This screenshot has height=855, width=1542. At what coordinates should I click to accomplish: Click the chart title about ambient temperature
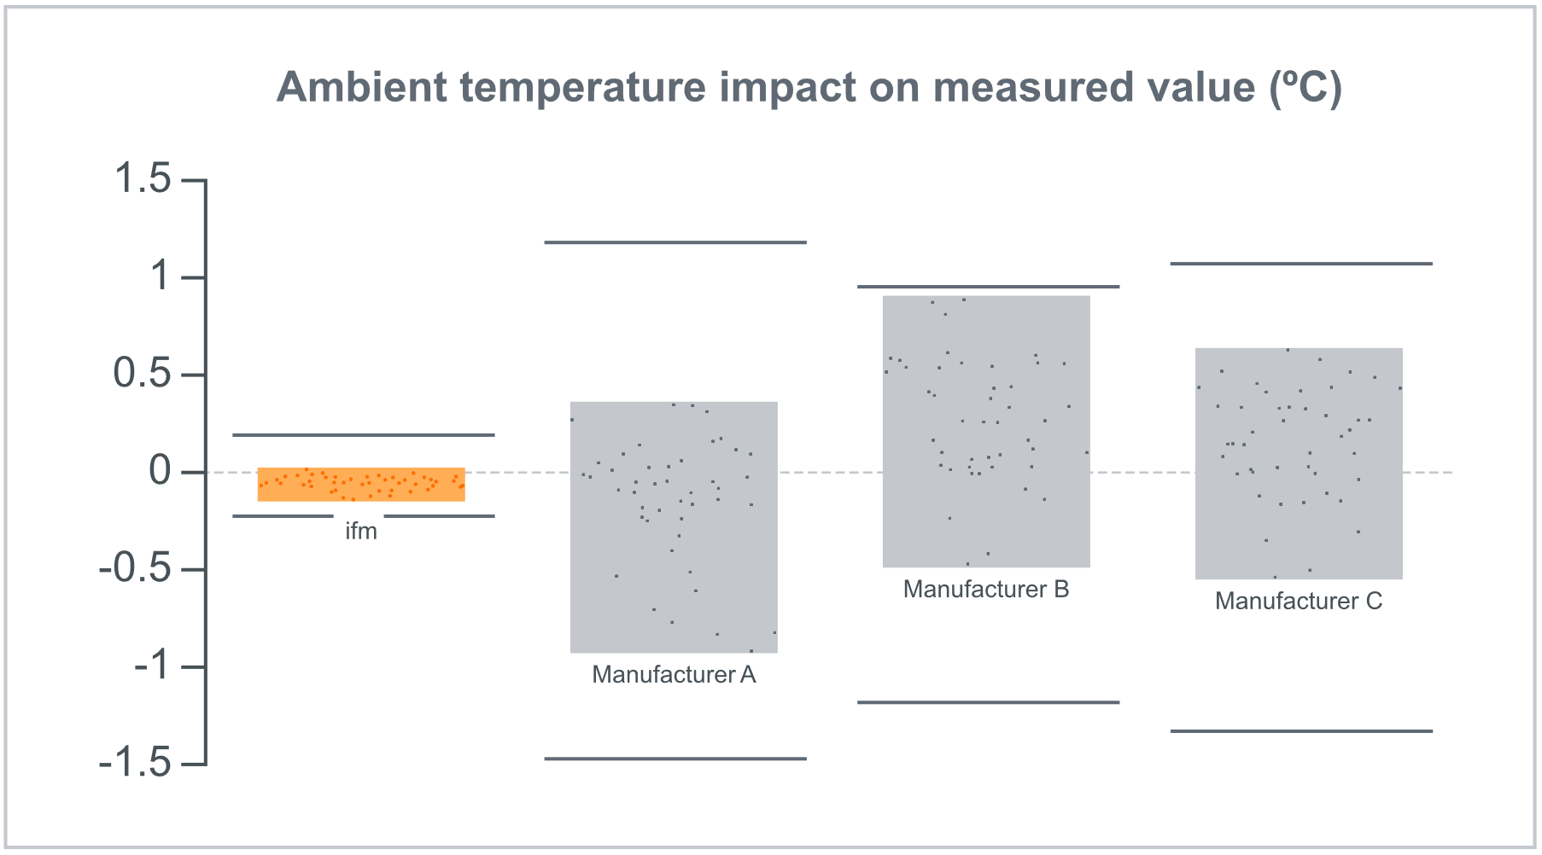pos(809,88)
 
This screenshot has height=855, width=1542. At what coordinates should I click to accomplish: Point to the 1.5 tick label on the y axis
pos(143,179)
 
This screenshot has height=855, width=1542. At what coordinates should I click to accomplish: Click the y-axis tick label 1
pos(161,276)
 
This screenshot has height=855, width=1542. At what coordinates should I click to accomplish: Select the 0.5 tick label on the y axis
pos(143,374)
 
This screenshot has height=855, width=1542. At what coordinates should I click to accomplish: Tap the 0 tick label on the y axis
pos(161,471)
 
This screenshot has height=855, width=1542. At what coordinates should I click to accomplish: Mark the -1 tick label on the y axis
pos(153,666)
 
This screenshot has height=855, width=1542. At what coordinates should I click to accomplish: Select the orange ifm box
pos(361,484)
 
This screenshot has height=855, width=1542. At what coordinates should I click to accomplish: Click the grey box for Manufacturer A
pos(674,526)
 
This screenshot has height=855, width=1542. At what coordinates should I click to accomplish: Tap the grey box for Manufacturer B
pos(986,431)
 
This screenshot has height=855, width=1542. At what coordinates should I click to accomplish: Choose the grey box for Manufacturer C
pos(1299,463)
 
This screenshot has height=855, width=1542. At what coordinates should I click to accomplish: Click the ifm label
pos(361,532)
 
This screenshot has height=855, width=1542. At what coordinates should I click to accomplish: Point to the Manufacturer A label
pos(674,675)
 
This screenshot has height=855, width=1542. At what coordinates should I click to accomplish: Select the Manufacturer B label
pos(986,590)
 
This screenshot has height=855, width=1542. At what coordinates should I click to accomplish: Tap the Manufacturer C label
pos(1299,602)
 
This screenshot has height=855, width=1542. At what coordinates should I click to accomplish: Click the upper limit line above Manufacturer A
pos(675,242)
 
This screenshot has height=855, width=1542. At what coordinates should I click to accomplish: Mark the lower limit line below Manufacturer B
pos(988,702)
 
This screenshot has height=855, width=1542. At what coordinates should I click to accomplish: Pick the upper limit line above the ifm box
pos(364,435)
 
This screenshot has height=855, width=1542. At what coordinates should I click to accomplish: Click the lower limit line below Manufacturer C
pos(1301,731)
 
